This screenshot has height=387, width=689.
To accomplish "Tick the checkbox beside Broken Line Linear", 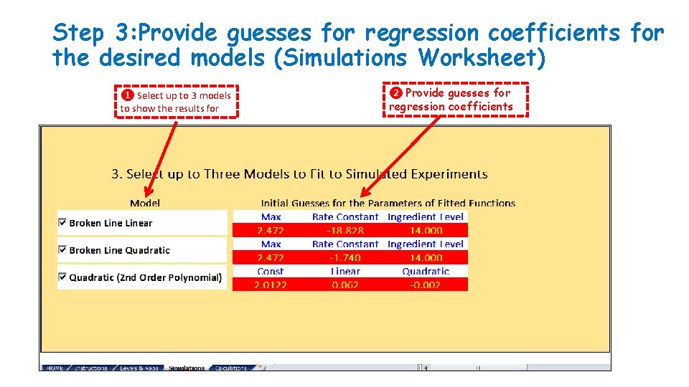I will click(x=62, y=223).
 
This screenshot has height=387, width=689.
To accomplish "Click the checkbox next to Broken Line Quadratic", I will click(x=62, y=250).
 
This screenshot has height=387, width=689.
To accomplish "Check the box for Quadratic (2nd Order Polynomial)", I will click(x=62, y=277).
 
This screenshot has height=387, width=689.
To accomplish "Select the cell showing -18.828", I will click(x=345, y=231).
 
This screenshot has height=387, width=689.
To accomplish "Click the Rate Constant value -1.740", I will click(x=345, y=257).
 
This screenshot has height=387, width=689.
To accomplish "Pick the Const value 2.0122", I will click(x=270, y=285).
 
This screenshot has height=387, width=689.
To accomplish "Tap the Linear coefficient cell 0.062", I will click(x=345, y=285).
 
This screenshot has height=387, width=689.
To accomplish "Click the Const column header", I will click(x=270, y=272).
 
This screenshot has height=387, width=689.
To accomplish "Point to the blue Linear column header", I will click(x=345, y=272).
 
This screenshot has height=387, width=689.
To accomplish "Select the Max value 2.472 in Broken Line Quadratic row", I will click(x=270, y=257).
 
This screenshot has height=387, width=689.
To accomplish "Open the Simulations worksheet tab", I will click(x=187, y=368).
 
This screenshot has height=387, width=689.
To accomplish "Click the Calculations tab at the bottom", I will click(x=231, y=368).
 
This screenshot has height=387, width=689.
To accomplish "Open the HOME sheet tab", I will click(x=55, y=368).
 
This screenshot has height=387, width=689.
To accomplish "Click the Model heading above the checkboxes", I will click(x=145, y=203).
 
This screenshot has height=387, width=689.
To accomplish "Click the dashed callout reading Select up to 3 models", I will click(x=177, y=102).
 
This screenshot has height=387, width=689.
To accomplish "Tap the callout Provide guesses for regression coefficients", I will click(x=455, y=100).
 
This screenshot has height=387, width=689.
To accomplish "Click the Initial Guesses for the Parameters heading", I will click(x=388, y=203).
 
